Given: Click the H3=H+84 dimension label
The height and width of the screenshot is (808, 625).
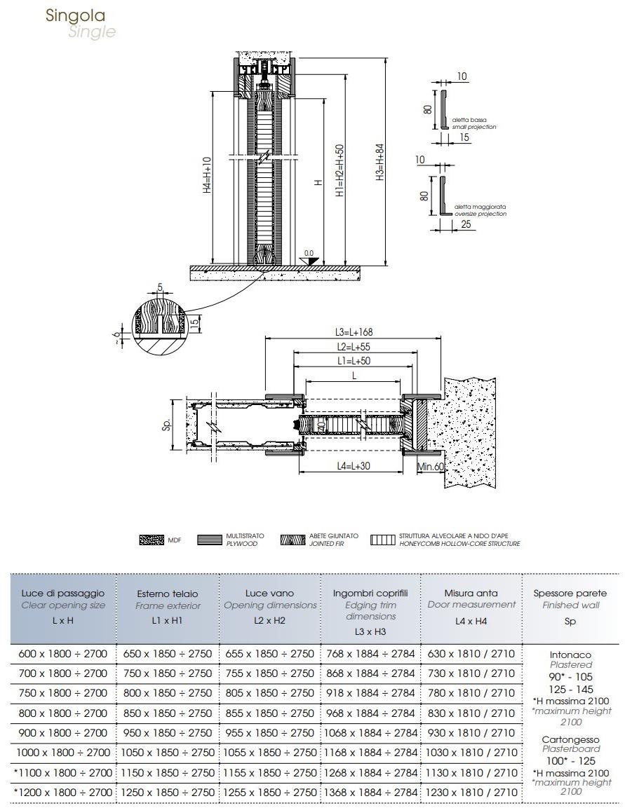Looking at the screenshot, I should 379,163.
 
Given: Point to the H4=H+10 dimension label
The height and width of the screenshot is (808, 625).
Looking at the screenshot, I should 207,175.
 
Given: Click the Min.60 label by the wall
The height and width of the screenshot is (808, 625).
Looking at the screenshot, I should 429,467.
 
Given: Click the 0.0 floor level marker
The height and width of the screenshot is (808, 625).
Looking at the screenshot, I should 309,252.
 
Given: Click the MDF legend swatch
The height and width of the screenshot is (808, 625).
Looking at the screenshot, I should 151,540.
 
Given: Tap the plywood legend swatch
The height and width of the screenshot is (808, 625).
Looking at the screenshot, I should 209,540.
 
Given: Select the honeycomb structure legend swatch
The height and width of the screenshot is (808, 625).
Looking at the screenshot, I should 383,540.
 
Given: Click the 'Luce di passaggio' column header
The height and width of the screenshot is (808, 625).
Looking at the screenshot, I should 63,594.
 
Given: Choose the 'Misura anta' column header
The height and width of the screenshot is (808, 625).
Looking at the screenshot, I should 471,593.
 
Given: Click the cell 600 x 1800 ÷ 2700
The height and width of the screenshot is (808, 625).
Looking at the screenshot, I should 63,654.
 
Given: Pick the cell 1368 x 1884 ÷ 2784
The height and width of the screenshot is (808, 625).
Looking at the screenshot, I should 370,792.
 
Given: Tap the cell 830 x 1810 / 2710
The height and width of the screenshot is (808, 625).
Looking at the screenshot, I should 471,713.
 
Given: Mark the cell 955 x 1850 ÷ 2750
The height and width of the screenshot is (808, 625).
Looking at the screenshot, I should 270,732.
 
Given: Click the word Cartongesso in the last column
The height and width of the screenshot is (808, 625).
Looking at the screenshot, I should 570,739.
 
